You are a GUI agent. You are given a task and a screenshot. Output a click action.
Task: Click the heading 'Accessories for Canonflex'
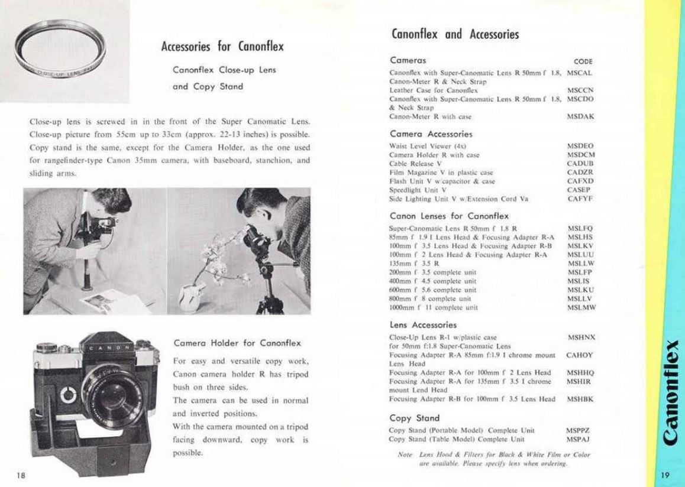(222, 46)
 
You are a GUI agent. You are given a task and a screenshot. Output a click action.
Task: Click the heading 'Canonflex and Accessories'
(455, 34)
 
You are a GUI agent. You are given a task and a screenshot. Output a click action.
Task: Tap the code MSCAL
(580, 73)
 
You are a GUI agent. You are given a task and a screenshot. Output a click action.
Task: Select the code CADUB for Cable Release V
(580, 163)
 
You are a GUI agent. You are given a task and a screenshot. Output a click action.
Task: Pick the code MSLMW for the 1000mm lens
(581, 308)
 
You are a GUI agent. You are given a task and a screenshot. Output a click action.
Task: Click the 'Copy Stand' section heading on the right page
(409, 418)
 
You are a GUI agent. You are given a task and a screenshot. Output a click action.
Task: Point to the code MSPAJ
(579, 440)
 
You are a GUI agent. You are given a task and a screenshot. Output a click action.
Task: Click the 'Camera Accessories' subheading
(431, 134)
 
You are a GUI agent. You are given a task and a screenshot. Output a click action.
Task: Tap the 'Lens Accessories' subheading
(423, 324)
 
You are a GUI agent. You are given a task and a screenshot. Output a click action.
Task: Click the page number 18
(21, 475)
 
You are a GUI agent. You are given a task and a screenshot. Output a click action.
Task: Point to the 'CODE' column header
(583, 61)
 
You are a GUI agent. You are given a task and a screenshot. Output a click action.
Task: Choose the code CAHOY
(579, 355)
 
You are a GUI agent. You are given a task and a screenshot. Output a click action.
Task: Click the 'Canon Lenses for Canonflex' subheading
(449, 216)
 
